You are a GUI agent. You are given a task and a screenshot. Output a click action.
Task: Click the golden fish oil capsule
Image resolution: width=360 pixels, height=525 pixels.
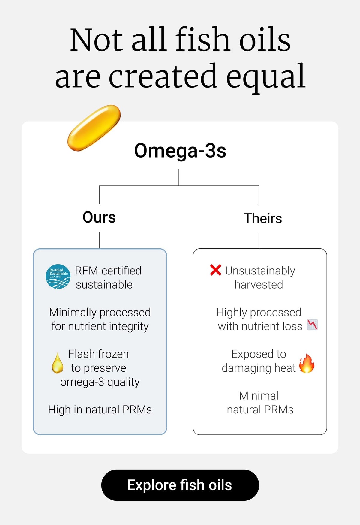[x=94, y=127]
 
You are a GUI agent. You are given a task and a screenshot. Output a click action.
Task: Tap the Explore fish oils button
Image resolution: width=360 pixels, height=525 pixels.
[x=180, y=485]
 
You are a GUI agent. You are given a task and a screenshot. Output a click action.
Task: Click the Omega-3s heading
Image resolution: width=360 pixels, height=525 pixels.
[x=180, y=151]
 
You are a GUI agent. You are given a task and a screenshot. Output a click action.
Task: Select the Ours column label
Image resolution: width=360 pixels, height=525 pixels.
[x=99, y=217]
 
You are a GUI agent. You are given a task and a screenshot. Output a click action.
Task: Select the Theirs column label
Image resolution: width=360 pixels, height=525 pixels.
[x=263, y=218]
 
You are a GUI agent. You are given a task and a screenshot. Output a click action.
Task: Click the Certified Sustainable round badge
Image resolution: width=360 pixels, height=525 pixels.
[x=58, y=277]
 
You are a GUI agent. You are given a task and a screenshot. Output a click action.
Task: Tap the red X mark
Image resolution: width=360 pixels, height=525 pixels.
[x=216, y=270]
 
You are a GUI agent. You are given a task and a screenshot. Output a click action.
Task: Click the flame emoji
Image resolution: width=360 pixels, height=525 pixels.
[x=307, y=363]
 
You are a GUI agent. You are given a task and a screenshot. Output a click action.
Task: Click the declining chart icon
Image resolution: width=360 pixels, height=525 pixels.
[x=312, y=325]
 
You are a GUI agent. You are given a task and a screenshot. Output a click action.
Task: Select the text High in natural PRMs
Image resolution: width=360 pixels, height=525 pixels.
[x=100, y=409]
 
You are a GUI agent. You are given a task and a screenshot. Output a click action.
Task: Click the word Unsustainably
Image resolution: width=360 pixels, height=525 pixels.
[x=260, y=271]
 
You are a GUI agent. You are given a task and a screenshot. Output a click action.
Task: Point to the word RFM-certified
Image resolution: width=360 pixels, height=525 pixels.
[x=108, y=271]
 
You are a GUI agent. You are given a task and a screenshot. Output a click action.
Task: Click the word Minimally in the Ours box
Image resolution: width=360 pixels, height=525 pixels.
[x=73, y=312]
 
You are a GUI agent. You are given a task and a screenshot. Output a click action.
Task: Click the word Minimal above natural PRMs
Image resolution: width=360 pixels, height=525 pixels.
[x=259, y=396]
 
